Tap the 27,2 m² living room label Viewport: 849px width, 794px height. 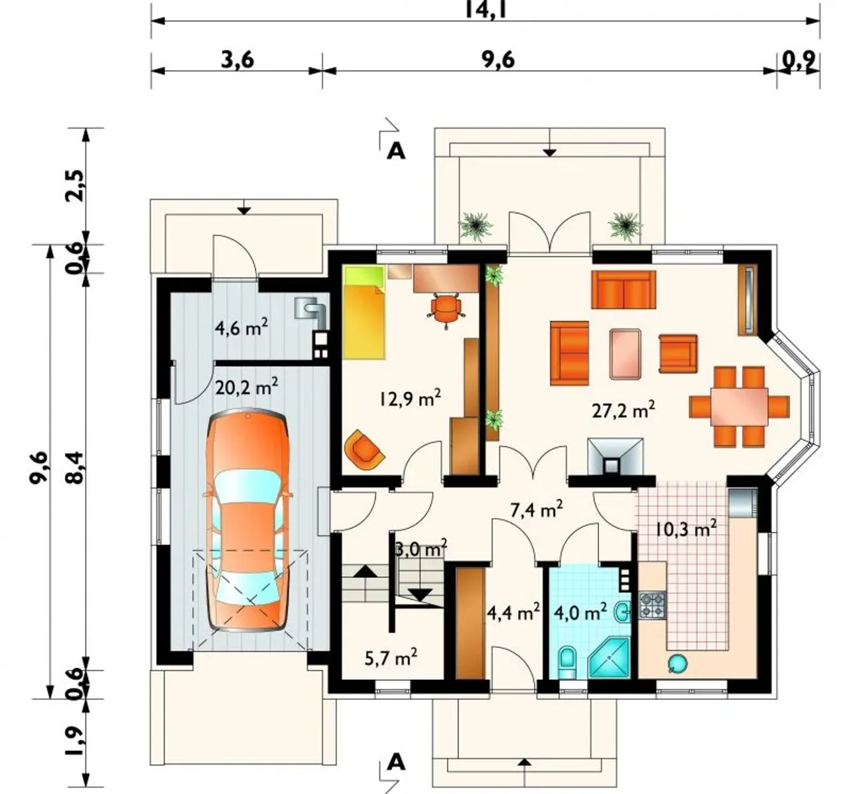point(623,410)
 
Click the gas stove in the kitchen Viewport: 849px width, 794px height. point(653,605)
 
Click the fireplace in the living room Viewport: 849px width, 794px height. point(615,456)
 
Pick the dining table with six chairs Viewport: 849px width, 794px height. point(739,406)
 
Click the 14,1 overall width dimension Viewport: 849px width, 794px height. point(486,9)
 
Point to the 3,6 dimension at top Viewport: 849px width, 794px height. point(237,60)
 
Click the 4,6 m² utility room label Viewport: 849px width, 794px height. point(241,328)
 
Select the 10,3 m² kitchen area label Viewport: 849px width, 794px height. point(685,530)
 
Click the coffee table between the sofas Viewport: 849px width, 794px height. point(625,354)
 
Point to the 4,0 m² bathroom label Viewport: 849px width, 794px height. point(580,613)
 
